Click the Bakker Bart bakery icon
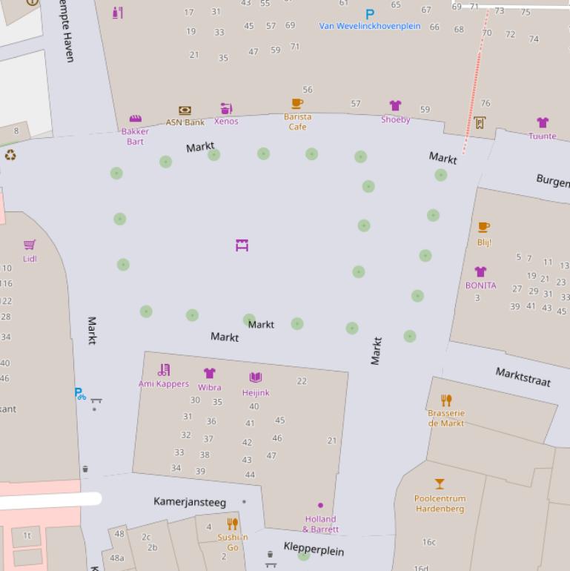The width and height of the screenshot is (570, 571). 135,119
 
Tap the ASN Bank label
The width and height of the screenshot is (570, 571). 185,122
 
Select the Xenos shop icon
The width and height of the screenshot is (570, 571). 226,109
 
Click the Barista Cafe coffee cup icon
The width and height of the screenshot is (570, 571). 297,104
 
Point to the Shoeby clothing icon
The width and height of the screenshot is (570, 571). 395,106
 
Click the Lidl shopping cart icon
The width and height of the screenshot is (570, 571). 30,245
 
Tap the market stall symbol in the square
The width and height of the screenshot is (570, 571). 242,245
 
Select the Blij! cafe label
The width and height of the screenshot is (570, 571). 484,242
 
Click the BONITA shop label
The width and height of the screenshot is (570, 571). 480,285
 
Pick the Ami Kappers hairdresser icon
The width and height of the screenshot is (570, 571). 164,369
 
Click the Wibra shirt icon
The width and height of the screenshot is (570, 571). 210,373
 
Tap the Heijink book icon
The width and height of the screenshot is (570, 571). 256,377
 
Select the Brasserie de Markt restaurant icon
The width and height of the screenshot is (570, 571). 446,400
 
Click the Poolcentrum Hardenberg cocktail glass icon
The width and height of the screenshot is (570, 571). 440,484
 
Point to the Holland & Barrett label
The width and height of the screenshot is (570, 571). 320,524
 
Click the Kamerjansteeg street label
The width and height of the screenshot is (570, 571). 190,502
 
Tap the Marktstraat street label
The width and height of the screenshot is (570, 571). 523,377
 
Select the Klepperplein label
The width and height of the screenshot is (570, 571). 314,549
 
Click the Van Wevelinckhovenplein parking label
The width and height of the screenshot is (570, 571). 370,26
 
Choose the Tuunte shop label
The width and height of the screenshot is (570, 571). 543,136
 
